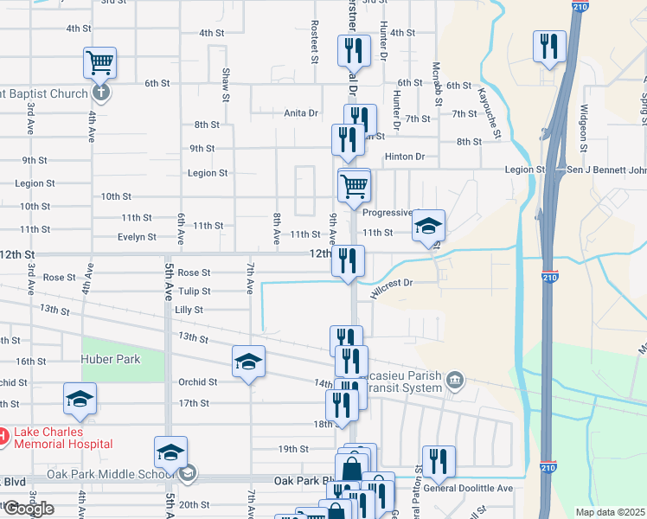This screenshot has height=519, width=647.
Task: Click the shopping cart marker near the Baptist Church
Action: point(99,63)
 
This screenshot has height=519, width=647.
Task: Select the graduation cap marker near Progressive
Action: point(428,227)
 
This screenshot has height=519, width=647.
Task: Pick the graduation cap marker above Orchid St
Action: point(248,362)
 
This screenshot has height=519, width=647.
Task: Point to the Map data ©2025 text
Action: point(610,512)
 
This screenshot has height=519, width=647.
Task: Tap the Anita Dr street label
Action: point(301,113)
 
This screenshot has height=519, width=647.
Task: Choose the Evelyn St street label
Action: point(137,237)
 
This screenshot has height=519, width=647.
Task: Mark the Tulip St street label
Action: point(194,292)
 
